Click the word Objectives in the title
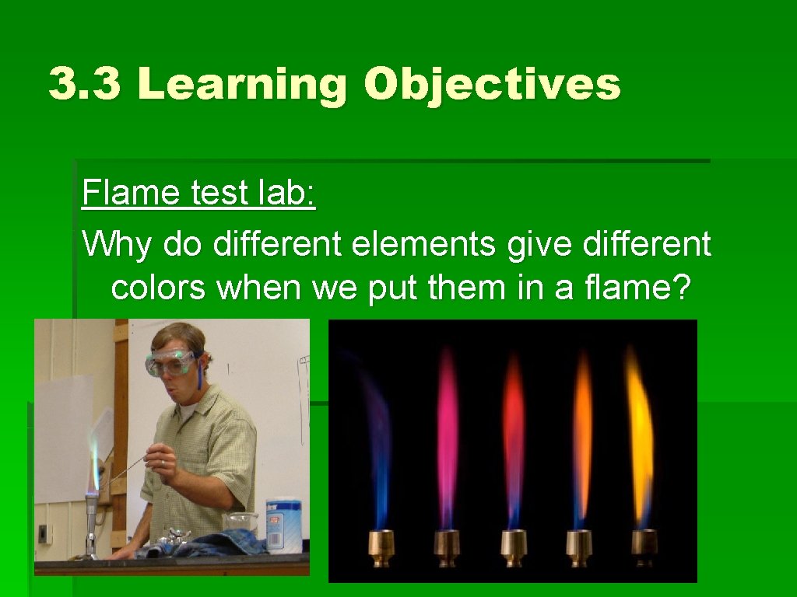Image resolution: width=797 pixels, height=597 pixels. [x=492, y=84]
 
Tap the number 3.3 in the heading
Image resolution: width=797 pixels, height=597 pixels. [x=85, y=84]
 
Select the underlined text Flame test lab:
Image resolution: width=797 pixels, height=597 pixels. [x=198, y=193]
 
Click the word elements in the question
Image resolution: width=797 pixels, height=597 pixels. [x=423, y=244]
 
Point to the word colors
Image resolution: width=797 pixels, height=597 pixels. [x=159, y=288]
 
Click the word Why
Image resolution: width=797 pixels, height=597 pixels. [x=118, y=244]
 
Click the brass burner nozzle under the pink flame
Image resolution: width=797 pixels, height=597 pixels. [x=447, y=546]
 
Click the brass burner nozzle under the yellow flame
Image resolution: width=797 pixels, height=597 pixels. [x=644, y=546]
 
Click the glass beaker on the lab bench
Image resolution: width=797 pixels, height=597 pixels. [x=241, y=525]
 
